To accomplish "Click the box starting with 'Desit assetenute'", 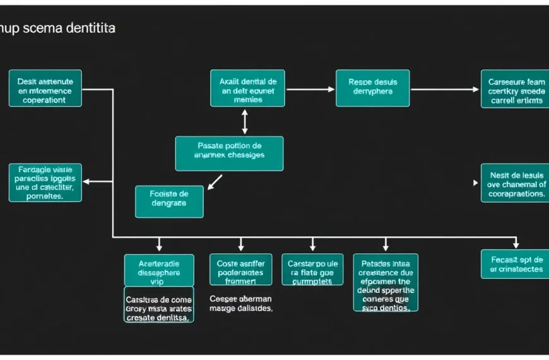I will coord(45,88).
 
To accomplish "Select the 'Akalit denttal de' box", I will coord(247,88).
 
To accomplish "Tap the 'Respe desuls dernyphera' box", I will coord(372,88).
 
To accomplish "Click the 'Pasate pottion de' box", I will coord(229,153).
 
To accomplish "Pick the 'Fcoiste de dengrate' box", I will coord(169,201).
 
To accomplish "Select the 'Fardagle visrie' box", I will coord(45,183).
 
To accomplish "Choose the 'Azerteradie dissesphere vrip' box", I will coord(158,270).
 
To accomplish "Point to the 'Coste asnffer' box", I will coord(240,270).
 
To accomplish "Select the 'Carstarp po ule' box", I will coord(312,270).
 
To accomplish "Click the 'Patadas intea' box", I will coord(386,282).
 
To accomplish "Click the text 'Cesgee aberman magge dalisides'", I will coord(240,304).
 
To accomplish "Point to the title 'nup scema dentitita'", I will coord(57,29).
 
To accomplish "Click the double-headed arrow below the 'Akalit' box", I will coord(245,121).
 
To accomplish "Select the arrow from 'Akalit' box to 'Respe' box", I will coord(310,89).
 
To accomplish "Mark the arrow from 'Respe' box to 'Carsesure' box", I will coord(445,89).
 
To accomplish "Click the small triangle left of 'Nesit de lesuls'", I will coord(476,183).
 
